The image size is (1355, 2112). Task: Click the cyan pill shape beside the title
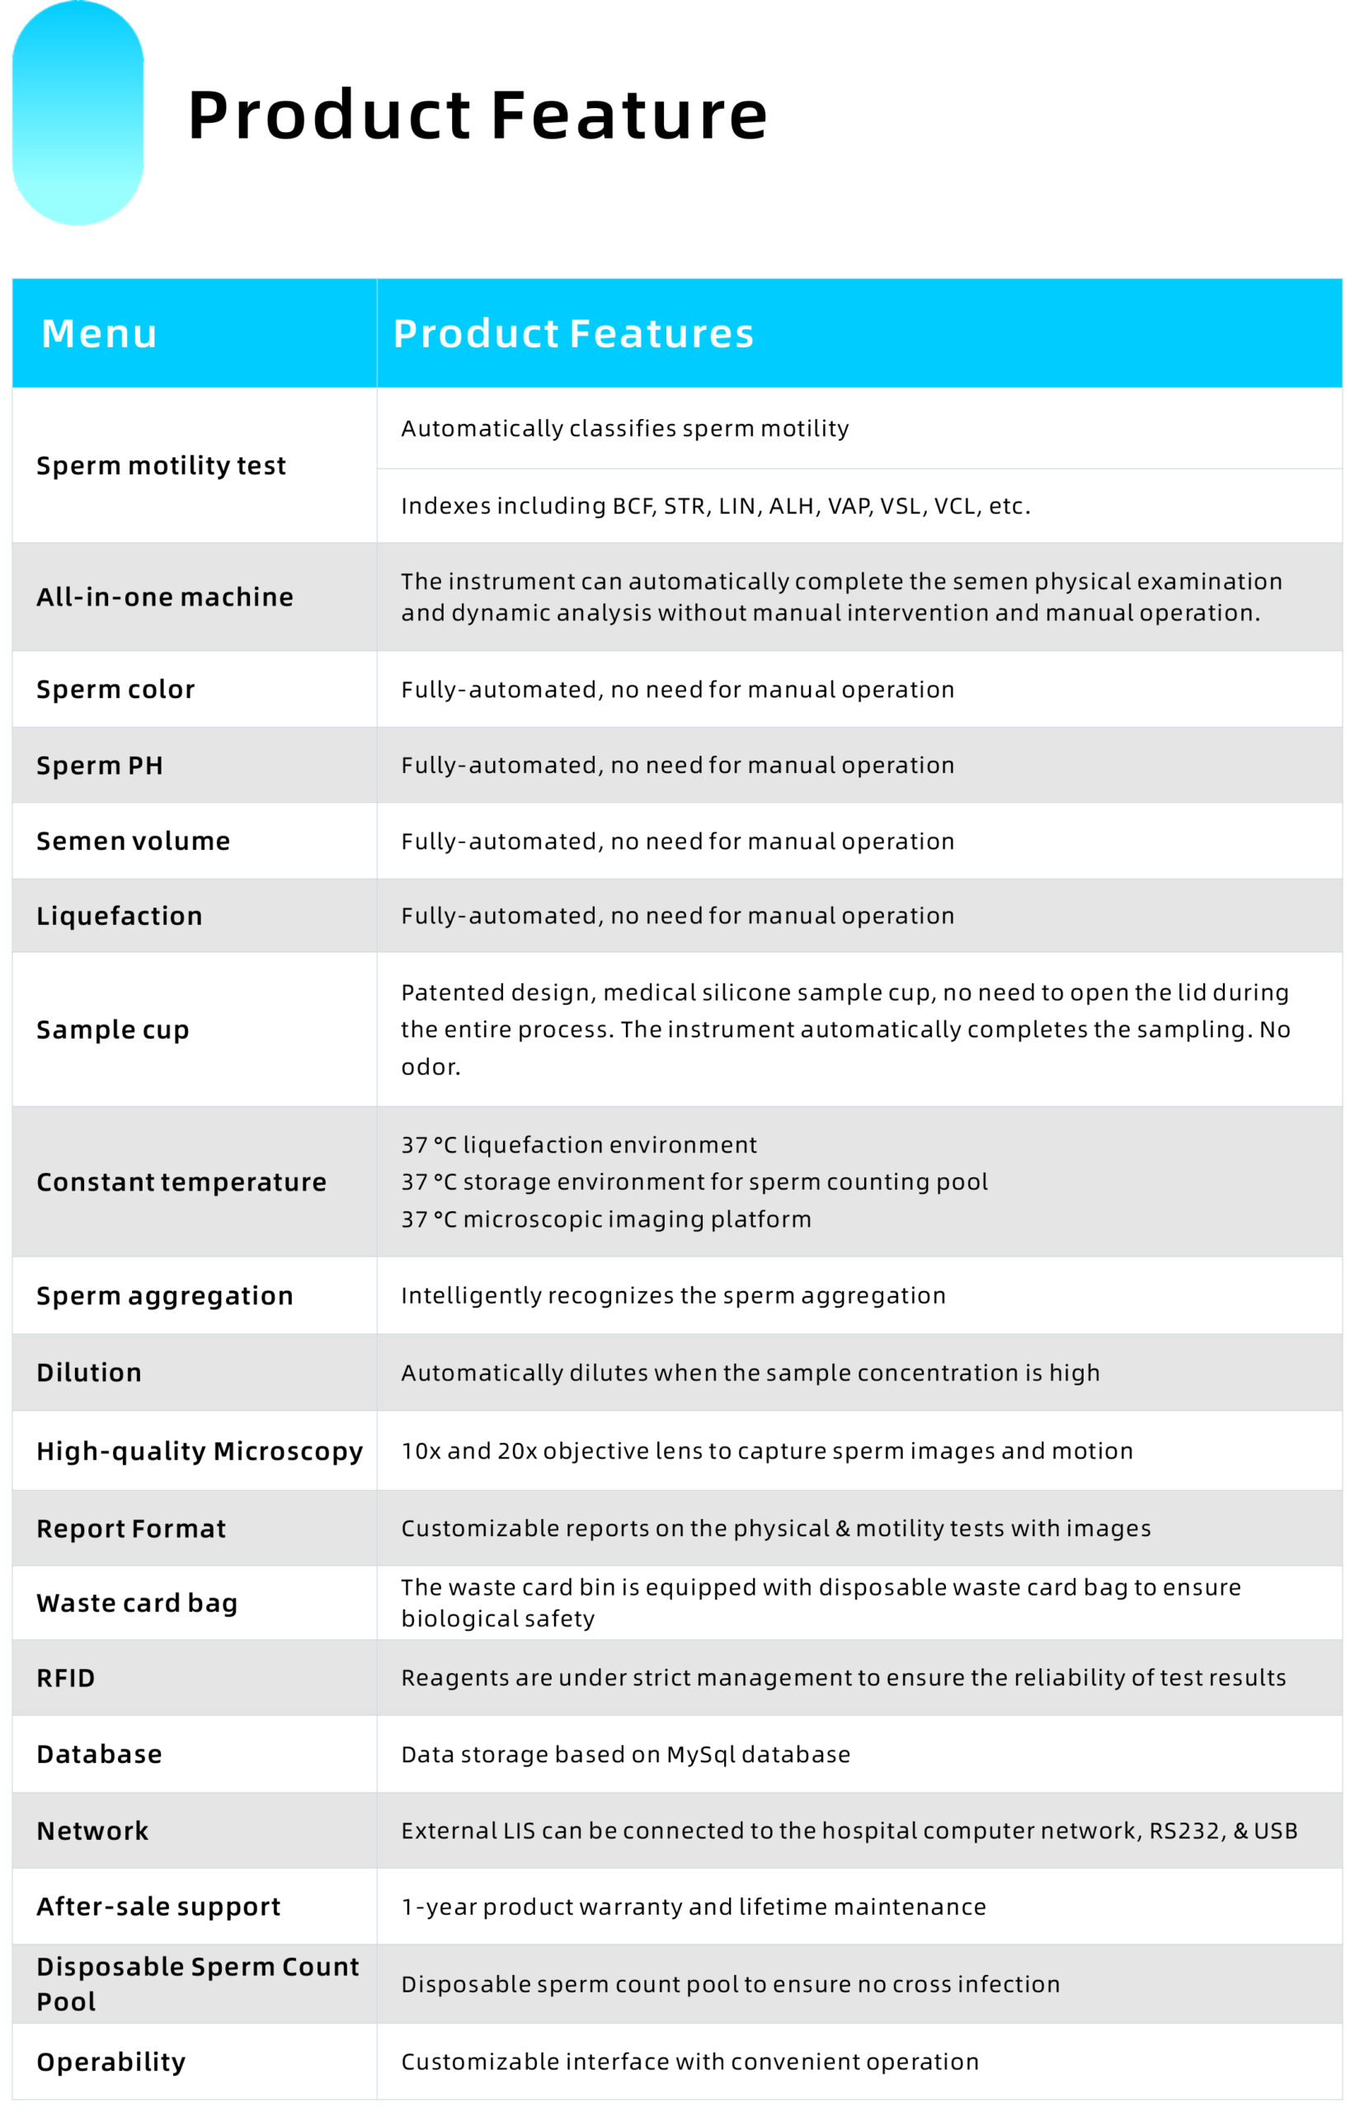(x=78, y=114)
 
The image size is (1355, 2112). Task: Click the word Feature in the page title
(x=629, y=115)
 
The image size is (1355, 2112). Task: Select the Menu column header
(x=100, y=333)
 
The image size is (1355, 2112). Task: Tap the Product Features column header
(x=573, y=333)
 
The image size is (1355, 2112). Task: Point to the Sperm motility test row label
(x=161, y=465)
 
